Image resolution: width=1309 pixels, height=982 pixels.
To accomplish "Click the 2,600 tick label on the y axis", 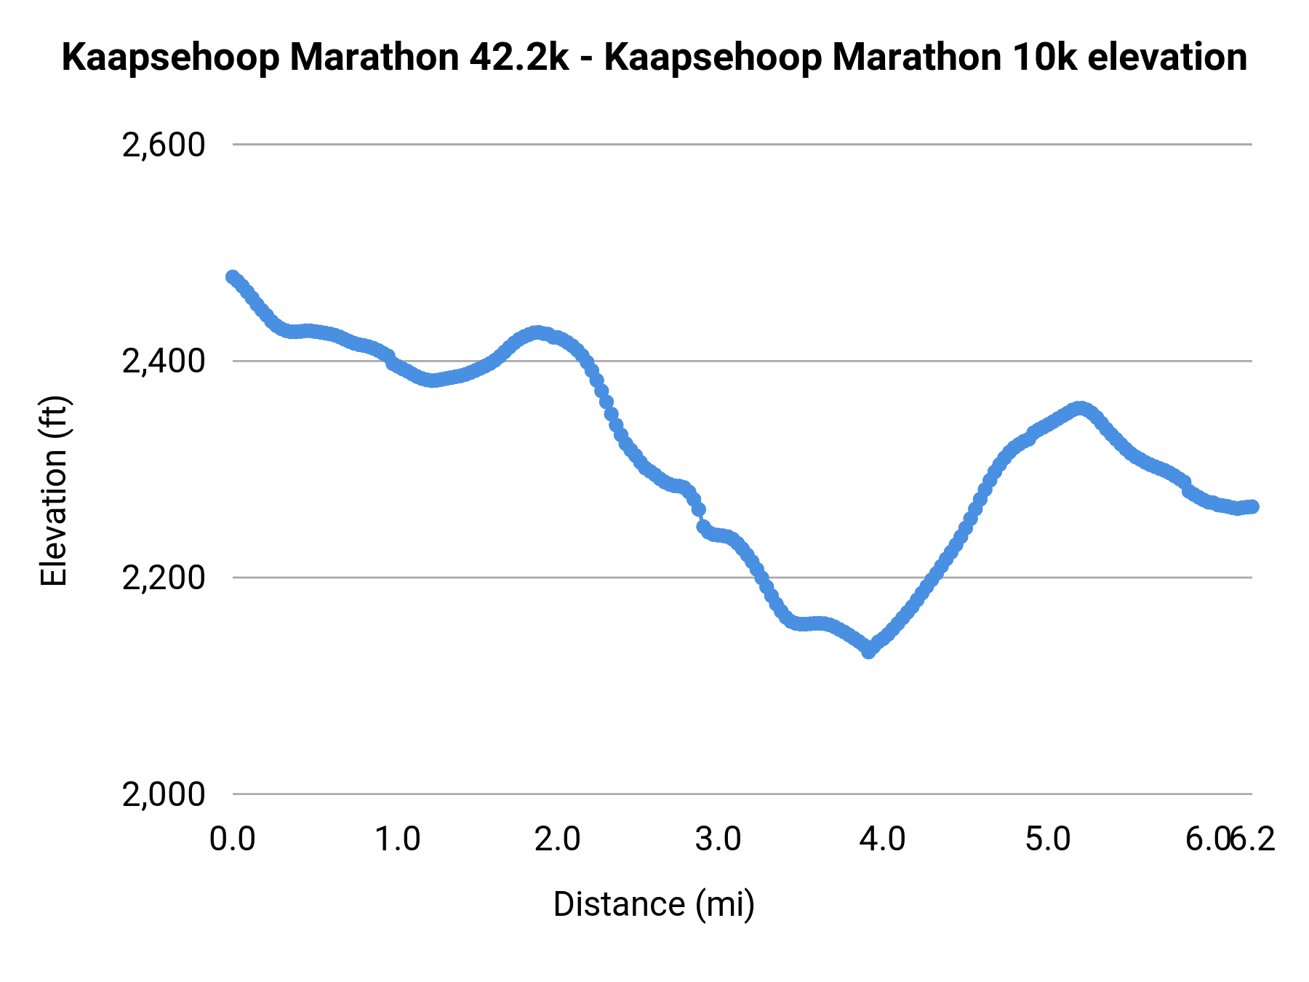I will tap(164, 145).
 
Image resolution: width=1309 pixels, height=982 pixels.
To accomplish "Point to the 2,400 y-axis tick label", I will tap(164, 362).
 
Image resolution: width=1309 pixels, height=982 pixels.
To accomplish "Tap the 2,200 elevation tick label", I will tap(164, 578).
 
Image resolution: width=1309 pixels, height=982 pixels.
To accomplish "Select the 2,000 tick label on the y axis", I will tap(164, 794).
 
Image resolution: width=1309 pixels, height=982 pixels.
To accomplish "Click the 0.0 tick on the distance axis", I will tap(233, 839).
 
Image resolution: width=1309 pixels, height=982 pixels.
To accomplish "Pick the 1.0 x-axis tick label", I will tap(397, 839).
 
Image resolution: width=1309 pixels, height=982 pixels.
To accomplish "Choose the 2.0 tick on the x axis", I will tap(557, 839).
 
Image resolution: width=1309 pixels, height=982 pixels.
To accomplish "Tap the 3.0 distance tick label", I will tap(718, 839).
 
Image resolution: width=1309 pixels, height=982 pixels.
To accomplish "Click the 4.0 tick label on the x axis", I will tap(882, 839).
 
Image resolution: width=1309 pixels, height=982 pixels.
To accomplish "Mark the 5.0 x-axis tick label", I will tap(1048, 839).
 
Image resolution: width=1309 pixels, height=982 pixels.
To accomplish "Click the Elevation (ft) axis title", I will tap(54, 491).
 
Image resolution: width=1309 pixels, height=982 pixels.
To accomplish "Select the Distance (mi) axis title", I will tap(654, 904).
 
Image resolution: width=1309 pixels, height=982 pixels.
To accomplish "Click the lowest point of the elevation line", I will tap(868, 651).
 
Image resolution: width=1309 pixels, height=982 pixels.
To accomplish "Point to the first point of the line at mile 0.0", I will tap(233, 277).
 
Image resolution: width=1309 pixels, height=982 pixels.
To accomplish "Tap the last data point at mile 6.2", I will tap(1252, 506).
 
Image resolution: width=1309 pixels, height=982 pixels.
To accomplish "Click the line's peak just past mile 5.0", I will tap(1081, 408).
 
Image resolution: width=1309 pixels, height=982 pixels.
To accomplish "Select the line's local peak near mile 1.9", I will tap(537, 332).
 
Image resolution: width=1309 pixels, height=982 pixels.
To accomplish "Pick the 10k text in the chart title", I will tap(1044, 57).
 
